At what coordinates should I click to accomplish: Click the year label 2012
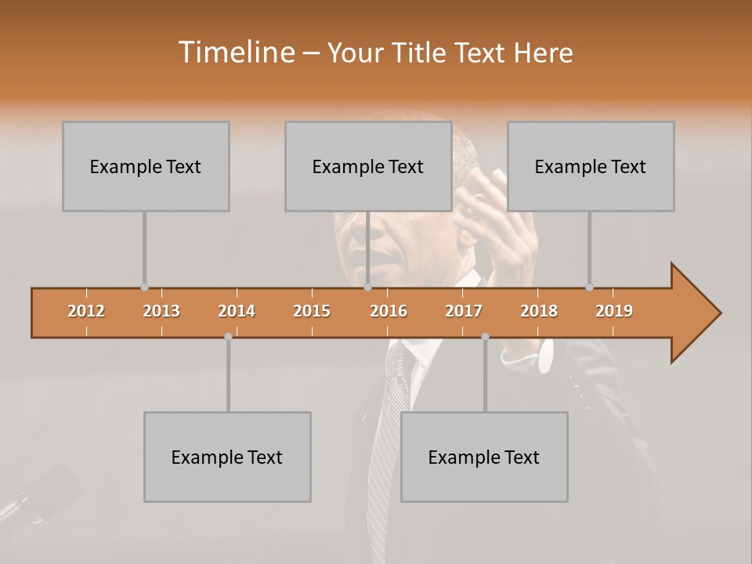[x=86, y=311]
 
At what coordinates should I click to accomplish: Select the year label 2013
[x=161, y=311]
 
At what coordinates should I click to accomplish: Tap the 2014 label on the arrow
[x=237, y=311]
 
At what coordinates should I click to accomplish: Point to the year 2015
[x=312, y=311]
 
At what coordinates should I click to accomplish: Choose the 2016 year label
[x=389, y=311]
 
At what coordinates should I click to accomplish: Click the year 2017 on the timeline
[x=464, y=311]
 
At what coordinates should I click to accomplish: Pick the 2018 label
[x=539, y=311]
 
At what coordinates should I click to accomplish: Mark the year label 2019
[x=614, y=311]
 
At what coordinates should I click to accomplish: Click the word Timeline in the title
[x=236, y=52]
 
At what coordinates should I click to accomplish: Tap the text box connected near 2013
[x=146, y=166]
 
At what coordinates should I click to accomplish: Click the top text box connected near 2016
[x=368, y=166]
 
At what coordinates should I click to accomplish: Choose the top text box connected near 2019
[x=591, y=166]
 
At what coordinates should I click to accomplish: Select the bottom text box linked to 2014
[x=227, y=457]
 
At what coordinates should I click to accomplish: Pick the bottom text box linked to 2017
[x=484, y=457]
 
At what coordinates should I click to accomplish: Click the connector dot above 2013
[x=144, y=287]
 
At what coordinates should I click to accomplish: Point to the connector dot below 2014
[x=228, y=336]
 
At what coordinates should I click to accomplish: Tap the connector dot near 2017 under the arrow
[x=485, y=336]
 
